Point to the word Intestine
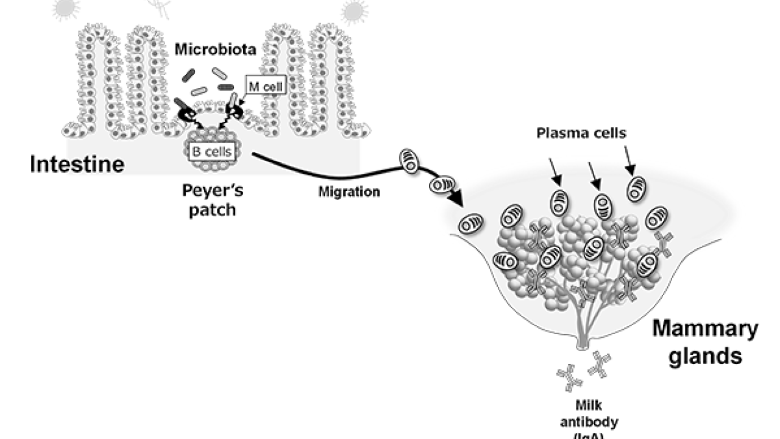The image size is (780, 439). point(77,165)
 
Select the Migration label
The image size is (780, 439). point(349,192)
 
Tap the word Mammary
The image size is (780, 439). point(706,330)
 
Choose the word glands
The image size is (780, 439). point(706,356)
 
